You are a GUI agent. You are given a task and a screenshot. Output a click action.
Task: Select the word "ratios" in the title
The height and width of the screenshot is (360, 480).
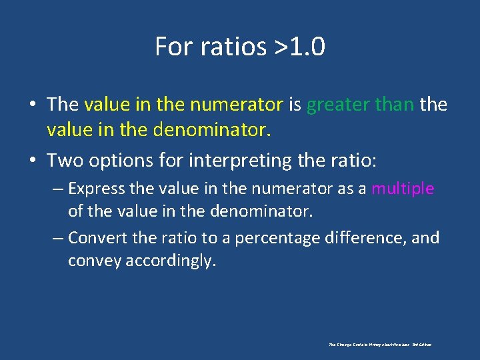point(224,47)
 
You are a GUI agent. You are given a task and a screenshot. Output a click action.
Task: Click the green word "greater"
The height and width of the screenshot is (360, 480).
point(337,105)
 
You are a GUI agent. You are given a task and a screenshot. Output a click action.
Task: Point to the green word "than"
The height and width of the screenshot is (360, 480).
point(394,105)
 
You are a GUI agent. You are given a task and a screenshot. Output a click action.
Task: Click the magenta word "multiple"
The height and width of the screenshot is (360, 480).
point(403,189)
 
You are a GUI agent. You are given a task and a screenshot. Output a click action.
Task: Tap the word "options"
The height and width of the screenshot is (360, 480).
point(112,161)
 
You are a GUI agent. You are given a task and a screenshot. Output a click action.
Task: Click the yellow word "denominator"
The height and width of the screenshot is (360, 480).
point(212,129)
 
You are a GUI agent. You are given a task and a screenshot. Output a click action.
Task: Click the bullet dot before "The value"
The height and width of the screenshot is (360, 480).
point(32,105)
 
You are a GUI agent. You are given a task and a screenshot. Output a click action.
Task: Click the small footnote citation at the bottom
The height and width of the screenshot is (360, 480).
point(380,345)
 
